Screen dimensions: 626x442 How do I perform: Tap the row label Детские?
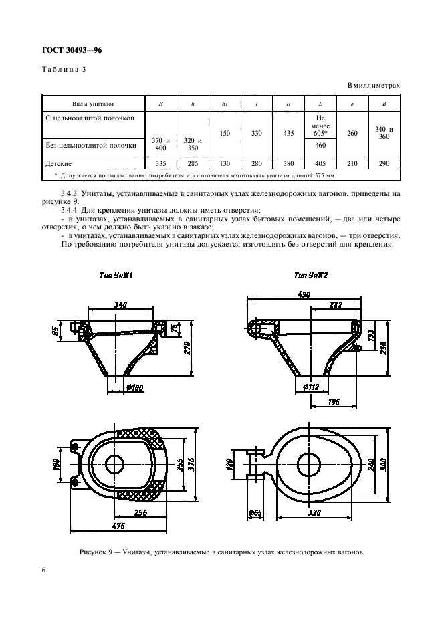click(59, 163)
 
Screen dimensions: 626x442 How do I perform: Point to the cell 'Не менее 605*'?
click(320, 125)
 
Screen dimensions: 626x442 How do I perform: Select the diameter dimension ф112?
click(309, 386)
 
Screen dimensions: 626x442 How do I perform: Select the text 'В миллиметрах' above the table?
click(374, 86)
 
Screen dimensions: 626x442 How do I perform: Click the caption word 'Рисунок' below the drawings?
click(94, 552)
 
